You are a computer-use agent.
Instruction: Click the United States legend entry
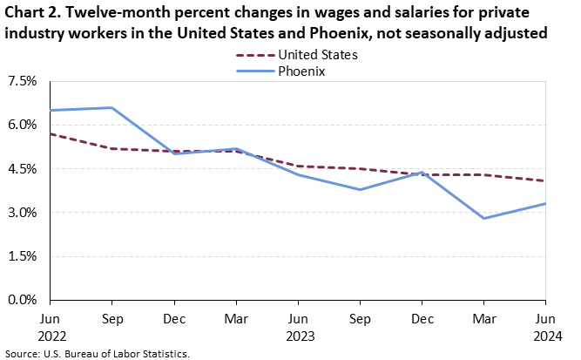316,55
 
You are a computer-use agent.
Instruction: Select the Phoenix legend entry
301,71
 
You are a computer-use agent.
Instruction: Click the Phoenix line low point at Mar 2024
483,218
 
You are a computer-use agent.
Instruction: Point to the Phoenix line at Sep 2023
360,189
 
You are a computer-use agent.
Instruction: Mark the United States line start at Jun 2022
51,133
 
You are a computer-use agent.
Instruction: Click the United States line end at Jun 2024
545,180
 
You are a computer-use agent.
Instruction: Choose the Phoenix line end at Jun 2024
545,204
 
